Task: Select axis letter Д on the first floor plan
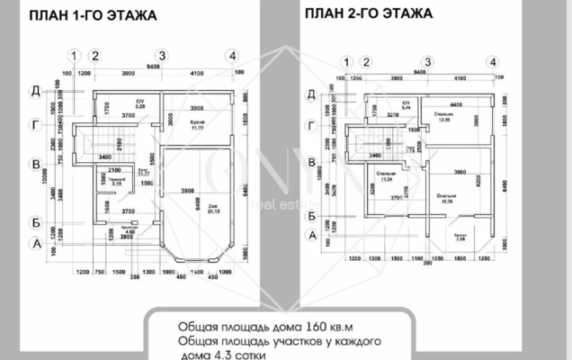click(35, 90)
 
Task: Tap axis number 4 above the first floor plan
click(232, 56)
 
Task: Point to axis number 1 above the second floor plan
click(347, 61)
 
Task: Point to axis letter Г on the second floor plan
click(312, 127)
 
